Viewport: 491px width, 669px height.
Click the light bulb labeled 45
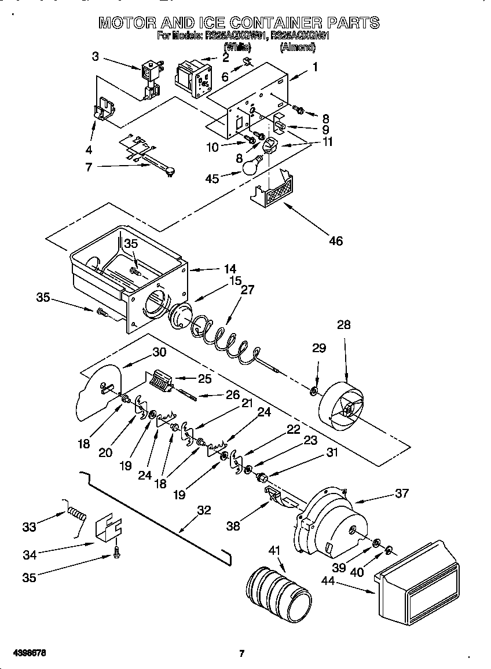click(249, 167)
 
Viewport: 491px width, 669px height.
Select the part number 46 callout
click(335, 240)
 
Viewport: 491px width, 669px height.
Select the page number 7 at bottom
click(242, 653)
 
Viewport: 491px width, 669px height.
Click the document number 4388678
click(28, 653)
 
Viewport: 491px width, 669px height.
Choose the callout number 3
click(96, 56)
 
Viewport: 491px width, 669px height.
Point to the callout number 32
click(204, 510)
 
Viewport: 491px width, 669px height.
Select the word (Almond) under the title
click(298, 47)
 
